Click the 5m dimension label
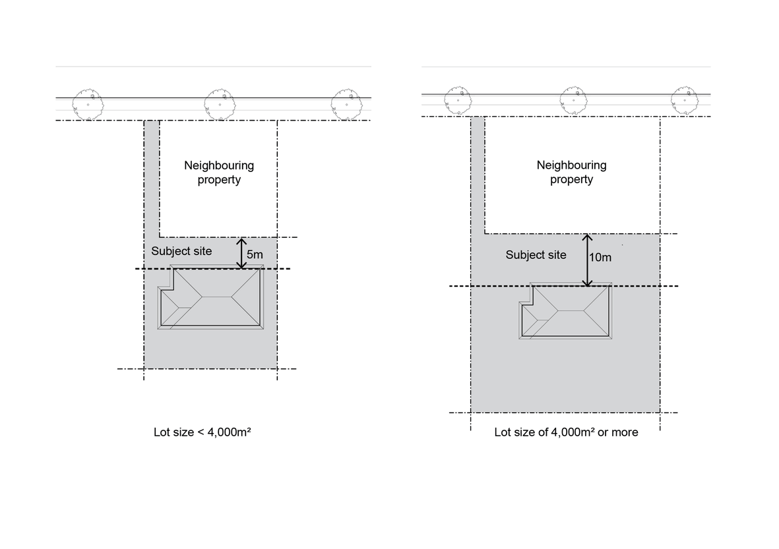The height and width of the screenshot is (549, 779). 254,254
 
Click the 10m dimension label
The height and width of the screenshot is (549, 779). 600,257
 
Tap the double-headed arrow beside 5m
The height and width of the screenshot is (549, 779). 242,253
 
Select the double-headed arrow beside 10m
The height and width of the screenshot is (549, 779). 587,260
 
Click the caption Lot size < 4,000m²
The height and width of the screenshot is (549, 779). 203,432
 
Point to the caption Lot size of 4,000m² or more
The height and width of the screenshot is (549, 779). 566,432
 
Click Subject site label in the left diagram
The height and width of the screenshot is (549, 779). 181,251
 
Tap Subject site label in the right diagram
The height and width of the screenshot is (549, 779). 536,254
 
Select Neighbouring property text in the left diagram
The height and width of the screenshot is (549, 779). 219,172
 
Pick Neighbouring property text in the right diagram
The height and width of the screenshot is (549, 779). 571,172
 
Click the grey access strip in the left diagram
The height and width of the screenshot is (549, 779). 152,178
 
